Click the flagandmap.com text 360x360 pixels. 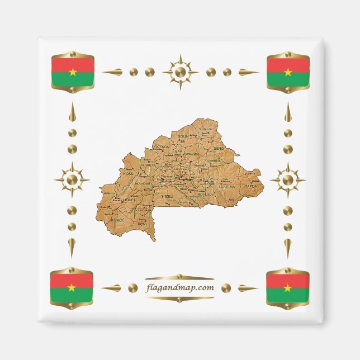[x=179, y=288]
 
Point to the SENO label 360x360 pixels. [x=219, y=148]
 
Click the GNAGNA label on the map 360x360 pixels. [x=214, y=160]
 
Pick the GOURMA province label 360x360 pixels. [x=226, y=186]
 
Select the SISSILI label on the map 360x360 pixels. [x=167, y=197]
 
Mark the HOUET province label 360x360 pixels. [x=130, y=200]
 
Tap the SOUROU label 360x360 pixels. [x=148, y=165]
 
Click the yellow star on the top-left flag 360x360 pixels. [x=72, y=72]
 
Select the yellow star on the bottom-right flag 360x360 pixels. [x=287, y=287]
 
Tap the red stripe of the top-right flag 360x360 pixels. [x=288, y=64]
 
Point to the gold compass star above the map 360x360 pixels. [x=180, y=72]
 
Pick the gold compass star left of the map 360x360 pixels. [x=72, y=180]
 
